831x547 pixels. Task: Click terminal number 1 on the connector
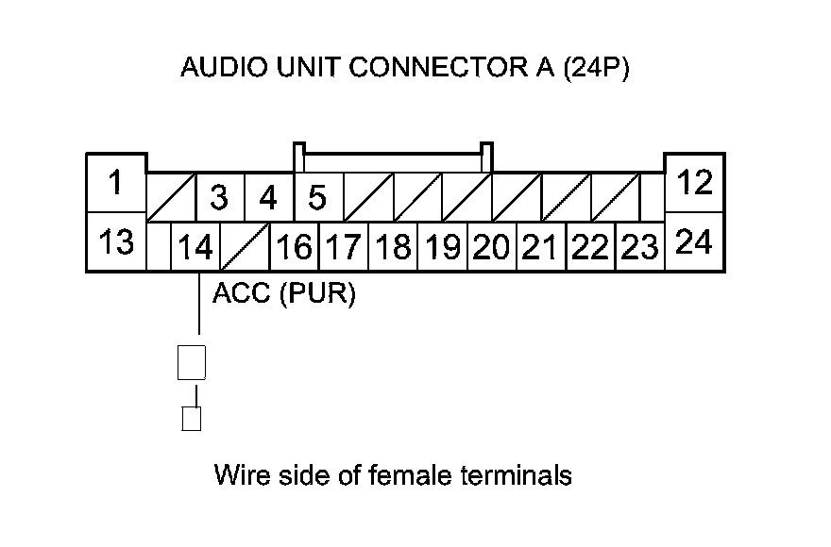click(115, 183)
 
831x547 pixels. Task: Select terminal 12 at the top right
click(695, 183)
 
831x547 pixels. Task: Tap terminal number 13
click(115, 242)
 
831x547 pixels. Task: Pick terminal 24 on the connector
click(695, 242)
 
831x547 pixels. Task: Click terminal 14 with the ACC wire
click(195, 248)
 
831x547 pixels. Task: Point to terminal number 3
click(219, 198)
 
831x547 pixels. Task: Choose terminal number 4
click(268, 198)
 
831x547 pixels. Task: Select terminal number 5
click(317, 198)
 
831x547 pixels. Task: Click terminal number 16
click(295, 248)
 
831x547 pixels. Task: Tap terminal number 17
click(343, 248)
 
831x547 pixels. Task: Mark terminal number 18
click(393, 248)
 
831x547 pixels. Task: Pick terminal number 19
click(442, 248)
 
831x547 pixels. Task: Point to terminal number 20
click(491, 248)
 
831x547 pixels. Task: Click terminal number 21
click(540, 248)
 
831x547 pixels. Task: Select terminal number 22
click(590, 248)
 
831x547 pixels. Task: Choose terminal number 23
click(640, 248)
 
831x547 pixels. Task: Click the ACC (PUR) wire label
click(283, 294)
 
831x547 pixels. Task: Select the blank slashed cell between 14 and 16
click(245, 248)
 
